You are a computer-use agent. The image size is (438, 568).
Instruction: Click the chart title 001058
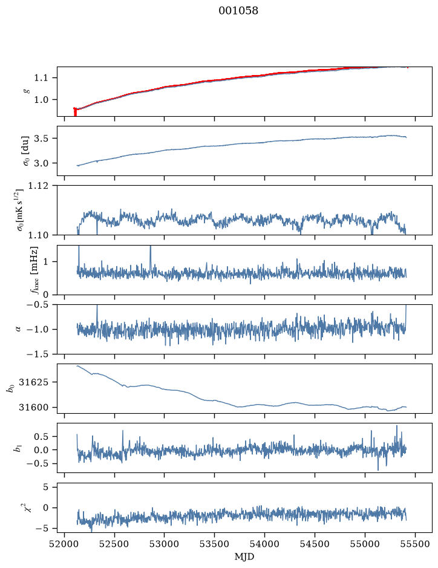click(x=238, y=10)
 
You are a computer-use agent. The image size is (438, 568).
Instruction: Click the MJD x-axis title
click(x=244, y=557)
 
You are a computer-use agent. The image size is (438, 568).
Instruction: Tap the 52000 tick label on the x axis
click(x=65, y=544)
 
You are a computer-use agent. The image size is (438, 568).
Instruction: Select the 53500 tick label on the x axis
click(x=215, y=544)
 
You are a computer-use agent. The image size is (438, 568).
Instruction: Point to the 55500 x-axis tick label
click(x=415, y=544)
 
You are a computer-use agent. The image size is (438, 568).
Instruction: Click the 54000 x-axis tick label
click(x=264, y=544)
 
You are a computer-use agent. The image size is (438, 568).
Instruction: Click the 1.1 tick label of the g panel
click(x=41, y=77)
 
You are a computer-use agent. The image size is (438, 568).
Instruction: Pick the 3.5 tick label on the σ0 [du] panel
click(x=41, y=139)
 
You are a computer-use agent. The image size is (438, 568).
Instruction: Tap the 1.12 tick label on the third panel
click(x=38, y=186)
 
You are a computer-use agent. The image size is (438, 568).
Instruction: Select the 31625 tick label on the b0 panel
click(x=33, y=382)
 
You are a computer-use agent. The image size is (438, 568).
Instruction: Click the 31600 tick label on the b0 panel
click(x=33, y=407)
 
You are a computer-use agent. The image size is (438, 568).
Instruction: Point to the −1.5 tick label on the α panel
click(x=38, y=354)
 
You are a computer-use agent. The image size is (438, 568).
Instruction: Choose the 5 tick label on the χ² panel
click(x=45, y=487)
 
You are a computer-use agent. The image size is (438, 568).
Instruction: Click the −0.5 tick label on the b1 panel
click(x=38, y=464)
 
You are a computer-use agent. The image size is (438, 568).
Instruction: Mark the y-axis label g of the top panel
click(x=25, y=91)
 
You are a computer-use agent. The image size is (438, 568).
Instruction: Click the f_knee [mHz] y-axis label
click(x=34, y=270)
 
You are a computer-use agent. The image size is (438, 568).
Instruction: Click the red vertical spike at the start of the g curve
click(x=75, y=112)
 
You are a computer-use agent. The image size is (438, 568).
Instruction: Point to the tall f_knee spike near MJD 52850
click(x=151, y=258)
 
